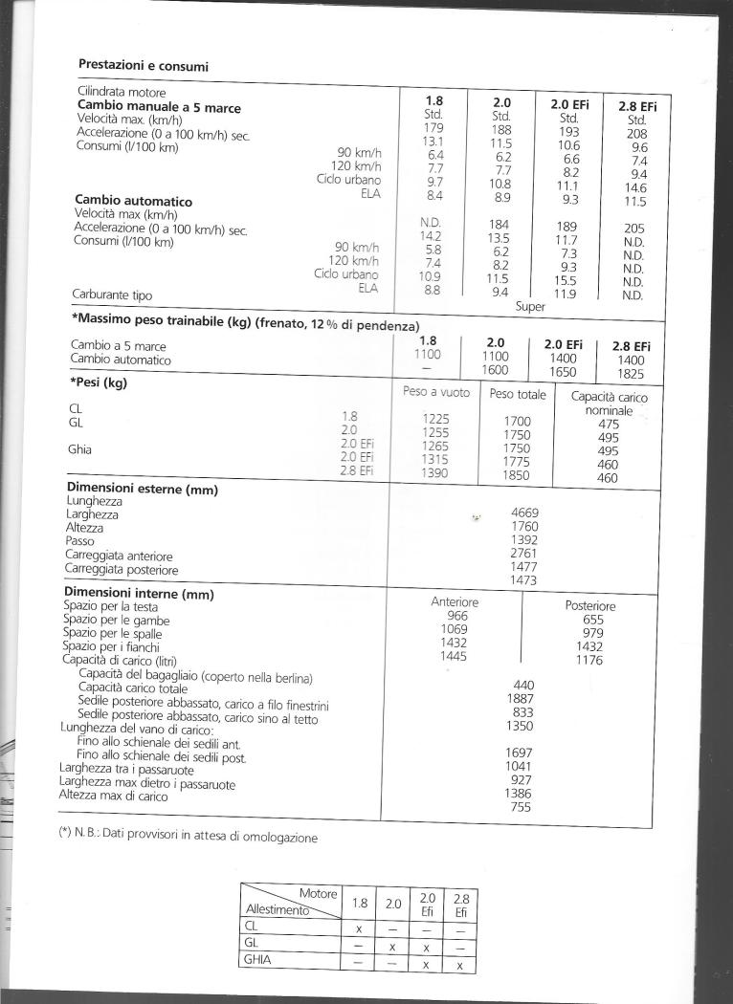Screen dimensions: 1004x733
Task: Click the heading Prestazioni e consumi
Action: [143, 66]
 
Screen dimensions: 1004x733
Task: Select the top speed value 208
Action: [636, 135]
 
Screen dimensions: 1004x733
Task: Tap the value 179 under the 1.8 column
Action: [434, 128]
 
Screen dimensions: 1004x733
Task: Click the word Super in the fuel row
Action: [531, 307]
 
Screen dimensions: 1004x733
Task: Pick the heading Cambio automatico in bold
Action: [133, 201]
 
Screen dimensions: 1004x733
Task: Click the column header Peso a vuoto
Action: [435, 393]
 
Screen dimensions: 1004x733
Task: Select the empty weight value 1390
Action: [435, 473]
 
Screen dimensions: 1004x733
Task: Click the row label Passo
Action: [79, 541]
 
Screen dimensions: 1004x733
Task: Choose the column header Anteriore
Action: [455, 601]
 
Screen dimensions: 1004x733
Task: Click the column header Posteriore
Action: [590, 606]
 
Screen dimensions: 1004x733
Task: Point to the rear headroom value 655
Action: [592, 620]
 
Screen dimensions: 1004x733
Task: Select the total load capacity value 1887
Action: [523, 698]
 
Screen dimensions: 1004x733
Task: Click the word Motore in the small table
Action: [318, 892]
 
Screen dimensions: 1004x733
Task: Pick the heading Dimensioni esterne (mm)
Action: [142, 490]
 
